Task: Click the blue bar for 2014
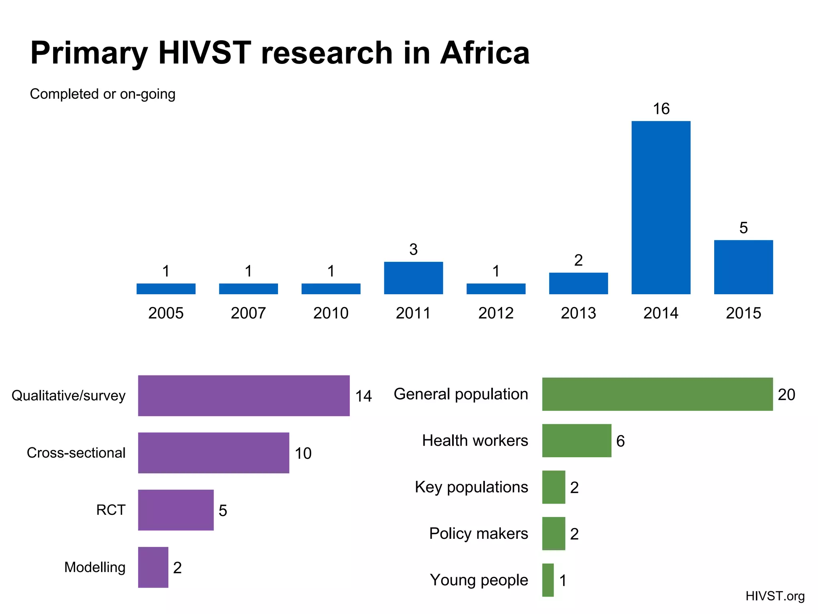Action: click(661, 208)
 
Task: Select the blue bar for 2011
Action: click(413, 278)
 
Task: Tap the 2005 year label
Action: click(166, 313)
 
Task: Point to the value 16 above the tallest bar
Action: click(661, 109)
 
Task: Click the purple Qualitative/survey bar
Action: click(244, 396)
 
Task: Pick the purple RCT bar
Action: click(176, 510)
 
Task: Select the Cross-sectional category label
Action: click(76, 453)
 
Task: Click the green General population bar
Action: click(657, 394)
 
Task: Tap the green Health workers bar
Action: click(576, 441)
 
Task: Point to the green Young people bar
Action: click(548, 580)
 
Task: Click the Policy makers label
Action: click(478, 534)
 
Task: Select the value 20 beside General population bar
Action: click(786, 395)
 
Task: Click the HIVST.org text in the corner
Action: click(775, 596)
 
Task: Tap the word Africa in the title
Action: click(484, 53)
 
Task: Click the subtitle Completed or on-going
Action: click(103, 94)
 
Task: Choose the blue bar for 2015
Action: click(743, 267)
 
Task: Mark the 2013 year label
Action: click(578, 313)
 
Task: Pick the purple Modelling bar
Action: click(153, 567)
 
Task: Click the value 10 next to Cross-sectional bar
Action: click(303, 454)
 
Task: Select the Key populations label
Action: click(471, 487)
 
